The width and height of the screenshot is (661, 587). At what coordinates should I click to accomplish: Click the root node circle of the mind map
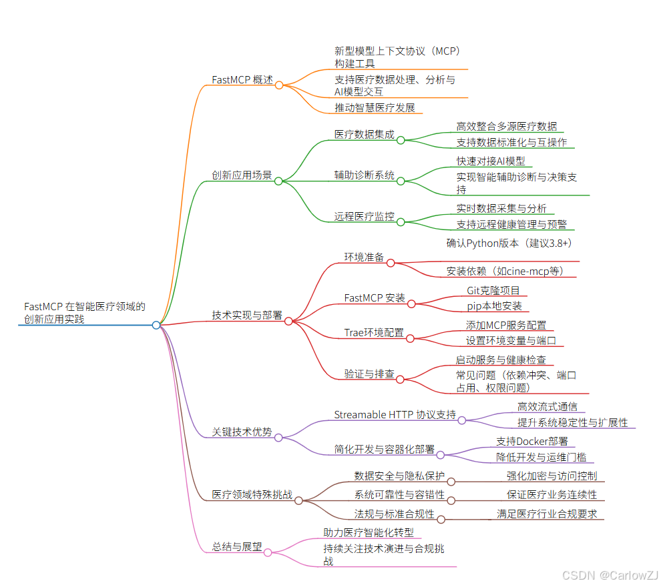pos(156,325)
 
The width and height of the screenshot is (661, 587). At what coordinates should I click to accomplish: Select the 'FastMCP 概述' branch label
pos(242,80)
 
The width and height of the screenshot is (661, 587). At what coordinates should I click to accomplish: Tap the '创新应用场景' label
pos(242,175)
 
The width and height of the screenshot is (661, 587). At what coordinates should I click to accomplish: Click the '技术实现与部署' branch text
pos(247,315)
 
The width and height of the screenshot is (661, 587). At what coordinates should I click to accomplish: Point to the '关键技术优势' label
pos(242,432)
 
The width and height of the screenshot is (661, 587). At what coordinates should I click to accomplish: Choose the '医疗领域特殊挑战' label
pos(252,494)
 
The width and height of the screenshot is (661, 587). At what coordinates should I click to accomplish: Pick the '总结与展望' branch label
pos(237,547)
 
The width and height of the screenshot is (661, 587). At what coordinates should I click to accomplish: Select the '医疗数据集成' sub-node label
pos(364,134)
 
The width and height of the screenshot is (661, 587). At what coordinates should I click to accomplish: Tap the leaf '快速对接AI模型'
pos(491,161)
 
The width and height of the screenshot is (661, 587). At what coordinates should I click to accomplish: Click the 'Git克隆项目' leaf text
pos(493,290)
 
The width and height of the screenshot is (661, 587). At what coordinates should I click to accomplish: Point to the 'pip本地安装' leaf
pos(494,306)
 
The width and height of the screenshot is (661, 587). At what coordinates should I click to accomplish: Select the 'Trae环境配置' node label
pos(374,332)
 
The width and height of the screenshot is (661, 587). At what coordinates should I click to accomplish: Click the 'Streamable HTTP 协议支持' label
pos(395,415)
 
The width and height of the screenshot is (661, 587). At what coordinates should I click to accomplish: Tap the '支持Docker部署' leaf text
pos(532,441)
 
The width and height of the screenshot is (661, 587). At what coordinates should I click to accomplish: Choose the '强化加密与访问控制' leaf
pos(552,476)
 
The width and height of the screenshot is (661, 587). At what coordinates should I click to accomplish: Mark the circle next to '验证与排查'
pos(400,380)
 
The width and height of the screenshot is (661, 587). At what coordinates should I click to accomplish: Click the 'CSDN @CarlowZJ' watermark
pos(610,575)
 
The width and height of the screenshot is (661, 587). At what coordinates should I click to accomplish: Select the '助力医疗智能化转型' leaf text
pos(369,532)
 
